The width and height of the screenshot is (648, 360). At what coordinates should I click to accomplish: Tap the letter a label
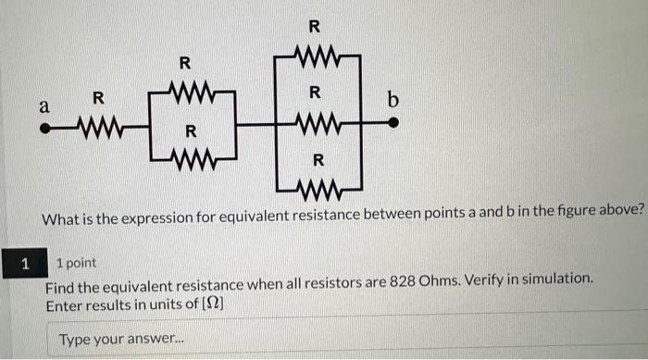[x=43, y=106]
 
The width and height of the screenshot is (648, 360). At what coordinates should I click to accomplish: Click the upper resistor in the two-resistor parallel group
[x=191, y=93]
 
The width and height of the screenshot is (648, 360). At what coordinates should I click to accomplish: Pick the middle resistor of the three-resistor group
[x=317, y=122]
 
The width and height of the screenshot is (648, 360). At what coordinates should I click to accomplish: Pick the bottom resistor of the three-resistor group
[x=317, y=192]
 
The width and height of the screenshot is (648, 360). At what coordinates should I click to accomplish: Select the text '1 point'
[x=76, y=264]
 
